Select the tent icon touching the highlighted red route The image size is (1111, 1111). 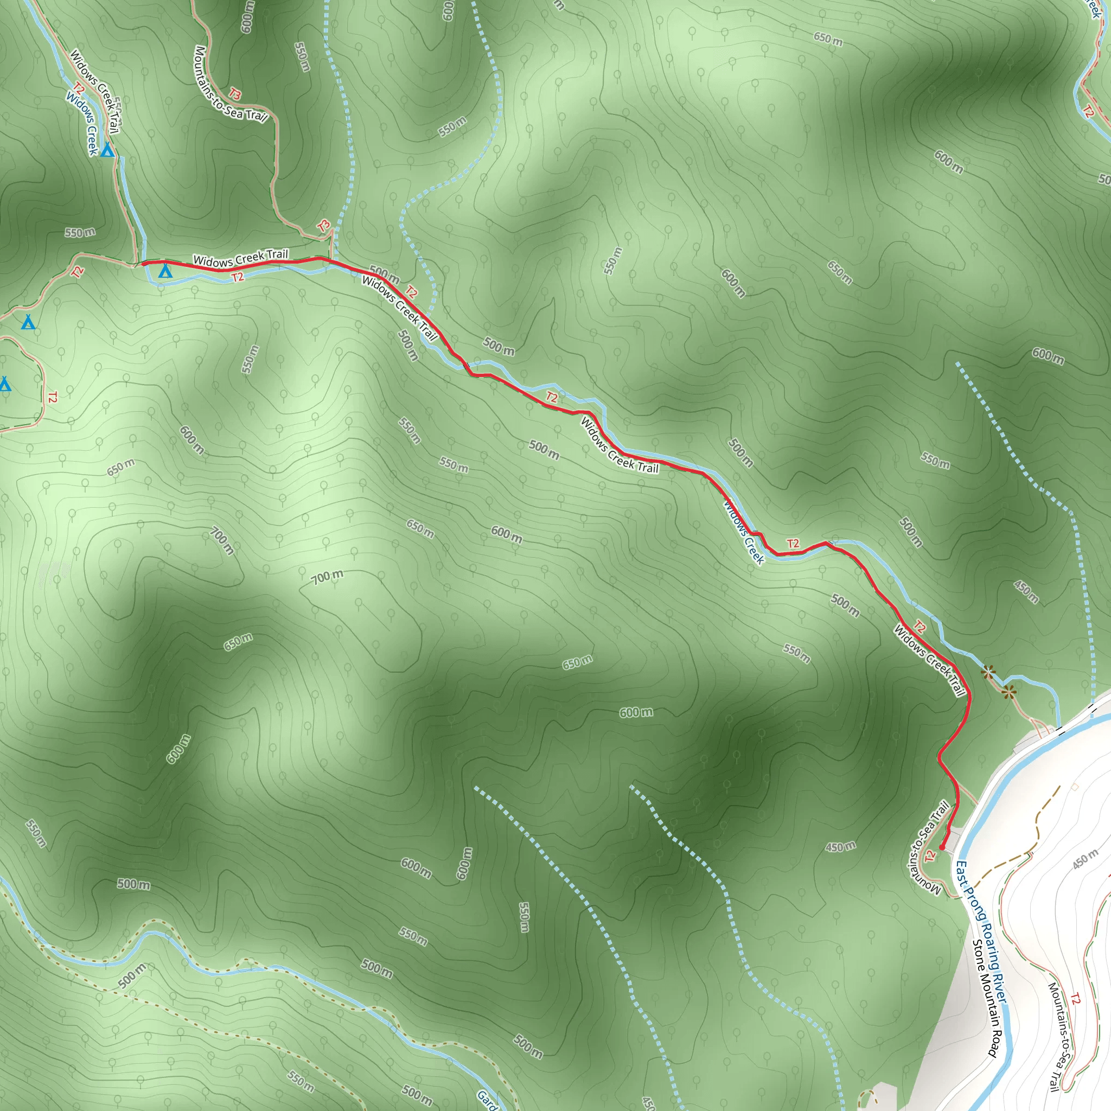[x=165, y=269]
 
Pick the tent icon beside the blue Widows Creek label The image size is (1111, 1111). [x=107, y=151]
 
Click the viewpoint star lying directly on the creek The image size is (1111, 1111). [x=988, y=671]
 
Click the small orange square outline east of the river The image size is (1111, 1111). [x=1074, y=786]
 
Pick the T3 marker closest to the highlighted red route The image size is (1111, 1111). [x=324, y=226]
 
